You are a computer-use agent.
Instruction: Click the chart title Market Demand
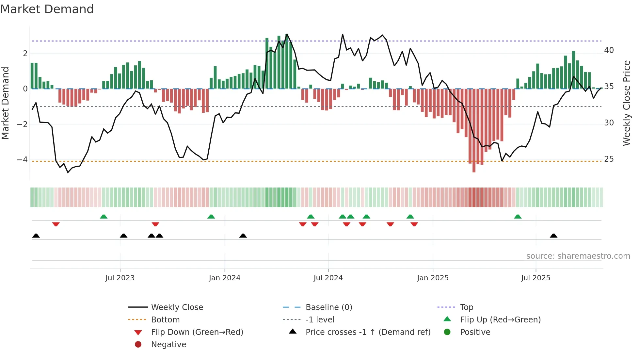coord(47,9)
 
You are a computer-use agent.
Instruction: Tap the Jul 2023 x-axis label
coord(120,278)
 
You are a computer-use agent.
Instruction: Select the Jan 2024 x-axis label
coord(225,278)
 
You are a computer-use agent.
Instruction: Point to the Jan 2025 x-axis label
coord(433,278)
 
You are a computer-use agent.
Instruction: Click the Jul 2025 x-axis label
coord(536,278)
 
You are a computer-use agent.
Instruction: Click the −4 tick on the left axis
coord(22,160)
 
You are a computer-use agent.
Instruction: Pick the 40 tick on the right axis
coord(609,50)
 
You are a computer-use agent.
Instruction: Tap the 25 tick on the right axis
coord(609,159)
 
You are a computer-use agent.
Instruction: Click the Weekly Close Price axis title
coord(626,103)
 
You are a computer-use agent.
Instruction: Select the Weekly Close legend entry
coord(177,307)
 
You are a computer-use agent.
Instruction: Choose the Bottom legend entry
coord(165,320)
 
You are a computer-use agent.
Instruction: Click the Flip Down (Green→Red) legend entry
coord(197,332)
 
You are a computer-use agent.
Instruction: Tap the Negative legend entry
coord(168,345)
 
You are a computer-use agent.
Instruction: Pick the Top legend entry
coord(467,307)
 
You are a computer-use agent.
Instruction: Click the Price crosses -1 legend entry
coord(368,332)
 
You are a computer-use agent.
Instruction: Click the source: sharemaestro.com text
coord(578,256)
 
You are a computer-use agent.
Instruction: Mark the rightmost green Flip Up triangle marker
coord(518,217)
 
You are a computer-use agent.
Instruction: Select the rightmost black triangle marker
coord(553,236)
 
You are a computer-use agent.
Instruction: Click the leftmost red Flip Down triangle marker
coord(56,224)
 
